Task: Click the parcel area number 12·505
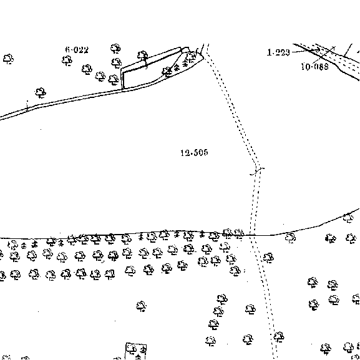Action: (194, 153)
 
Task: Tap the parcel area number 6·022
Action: (77, 50)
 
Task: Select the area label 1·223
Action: (278, 52)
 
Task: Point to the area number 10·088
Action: (314, 67)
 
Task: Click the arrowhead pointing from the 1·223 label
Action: (318, 50)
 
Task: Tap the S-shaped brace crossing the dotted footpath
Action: (257, 172)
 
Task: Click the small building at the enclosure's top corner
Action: (185, 49)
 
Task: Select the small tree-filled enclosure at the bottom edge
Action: (135, 351)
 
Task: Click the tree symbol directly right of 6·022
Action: (115, 49)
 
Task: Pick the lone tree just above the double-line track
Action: (41, 93)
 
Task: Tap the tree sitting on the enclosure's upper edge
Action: (143, 56)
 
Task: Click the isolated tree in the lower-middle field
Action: (141, 306)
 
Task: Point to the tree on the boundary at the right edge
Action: (348, 218)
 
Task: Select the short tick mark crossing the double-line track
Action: (27, 106)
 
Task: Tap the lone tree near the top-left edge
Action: (8, 59)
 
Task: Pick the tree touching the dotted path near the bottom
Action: (279, 337)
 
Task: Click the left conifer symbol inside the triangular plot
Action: (177, 67)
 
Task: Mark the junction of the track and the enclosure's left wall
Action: (122, 90)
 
